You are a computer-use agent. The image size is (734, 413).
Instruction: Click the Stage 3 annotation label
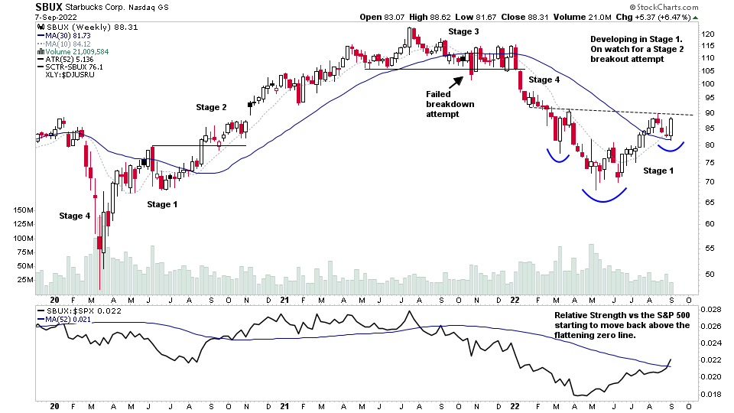point(463,31)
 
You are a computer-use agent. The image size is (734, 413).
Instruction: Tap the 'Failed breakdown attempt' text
point(445,103)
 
